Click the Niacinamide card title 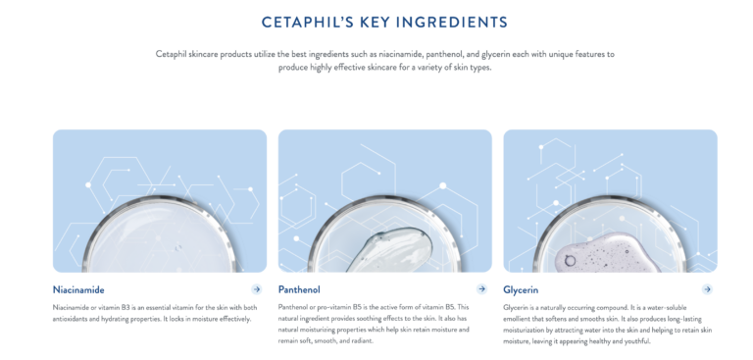pos(78,290)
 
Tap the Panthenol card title pos(299,290)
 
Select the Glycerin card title pos(521,290)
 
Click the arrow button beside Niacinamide pos(257,289)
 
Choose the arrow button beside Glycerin pos(707,289)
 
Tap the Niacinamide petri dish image pos(160,201)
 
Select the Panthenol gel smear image pos(384,201)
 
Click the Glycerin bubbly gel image pos(610,201)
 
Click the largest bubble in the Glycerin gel pos(570,260)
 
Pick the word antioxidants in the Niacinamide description pos(76,319)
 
